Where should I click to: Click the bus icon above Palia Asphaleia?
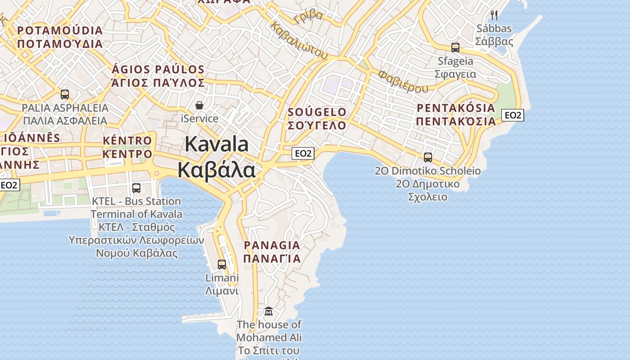click(x=65, y=94)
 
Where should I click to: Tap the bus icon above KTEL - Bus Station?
click(x=136, y=188)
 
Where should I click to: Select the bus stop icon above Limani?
click(x=222, y=264)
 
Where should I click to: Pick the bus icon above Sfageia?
click(x=455, y=47)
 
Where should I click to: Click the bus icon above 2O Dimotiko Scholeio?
click(x=428, y=157)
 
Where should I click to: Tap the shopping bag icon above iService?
click(x=199, y=105)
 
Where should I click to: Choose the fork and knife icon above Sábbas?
click(x=494, y=15)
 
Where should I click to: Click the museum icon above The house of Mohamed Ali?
click(x=269, y=311)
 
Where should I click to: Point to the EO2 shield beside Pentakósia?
click(x=513, y=115)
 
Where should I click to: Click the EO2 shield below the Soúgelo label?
click(x=303, y=153)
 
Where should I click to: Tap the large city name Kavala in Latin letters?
click(x=216, y=144)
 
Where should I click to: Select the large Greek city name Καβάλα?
click(x=216, y=170)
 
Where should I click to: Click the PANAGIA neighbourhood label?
click(x=271, y=245)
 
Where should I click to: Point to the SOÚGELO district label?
click(x=317, y=112)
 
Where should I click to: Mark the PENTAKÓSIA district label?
click(x=455, y=108)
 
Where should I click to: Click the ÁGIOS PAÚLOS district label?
click(x=158, y=70)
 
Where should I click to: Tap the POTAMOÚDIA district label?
click(x=60, y=31)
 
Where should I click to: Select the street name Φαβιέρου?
click(x=403, y=81)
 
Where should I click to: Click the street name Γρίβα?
click(x=308, y=17)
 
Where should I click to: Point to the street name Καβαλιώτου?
click(x=298, y=40)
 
